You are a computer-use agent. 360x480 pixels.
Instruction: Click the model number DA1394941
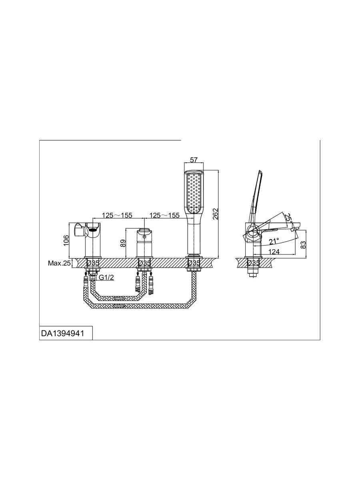pyautogui.click(x=62, y=334)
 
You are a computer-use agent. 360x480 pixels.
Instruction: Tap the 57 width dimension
pyautogui.click(x=194, y=160)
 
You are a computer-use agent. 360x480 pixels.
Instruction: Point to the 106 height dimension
pyautogui.click(x=66, y=240)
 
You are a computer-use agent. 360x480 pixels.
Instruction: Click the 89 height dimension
pyautogui.click(x=123, y=243)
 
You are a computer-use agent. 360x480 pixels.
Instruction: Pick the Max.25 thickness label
pyautogui.click(x=59, y=263)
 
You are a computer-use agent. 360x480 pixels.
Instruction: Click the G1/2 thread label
pyautogui.click(x=106, y=277)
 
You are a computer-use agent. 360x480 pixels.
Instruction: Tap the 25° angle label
pyautogui.click(x=289, y=218)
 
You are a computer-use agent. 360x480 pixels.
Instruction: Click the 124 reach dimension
pyautogui.click(x=274, y=252)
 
